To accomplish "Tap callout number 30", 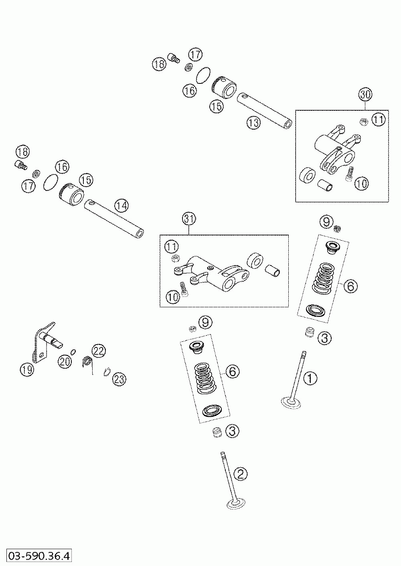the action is [365, 95].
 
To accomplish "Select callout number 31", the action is [189, 219].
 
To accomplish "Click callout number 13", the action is [254, 123].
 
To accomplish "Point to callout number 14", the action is [122, 206].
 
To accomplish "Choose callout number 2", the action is [241, 474].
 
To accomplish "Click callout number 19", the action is [27, 370].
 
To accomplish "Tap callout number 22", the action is [99, 351].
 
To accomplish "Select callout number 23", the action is [119, 379].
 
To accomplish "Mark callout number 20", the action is [65, 361].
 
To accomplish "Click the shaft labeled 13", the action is [264, 110].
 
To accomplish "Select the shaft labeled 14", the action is [114, 219].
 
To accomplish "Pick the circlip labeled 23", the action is [107, 372].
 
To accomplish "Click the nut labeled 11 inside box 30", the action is [364, 122].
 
